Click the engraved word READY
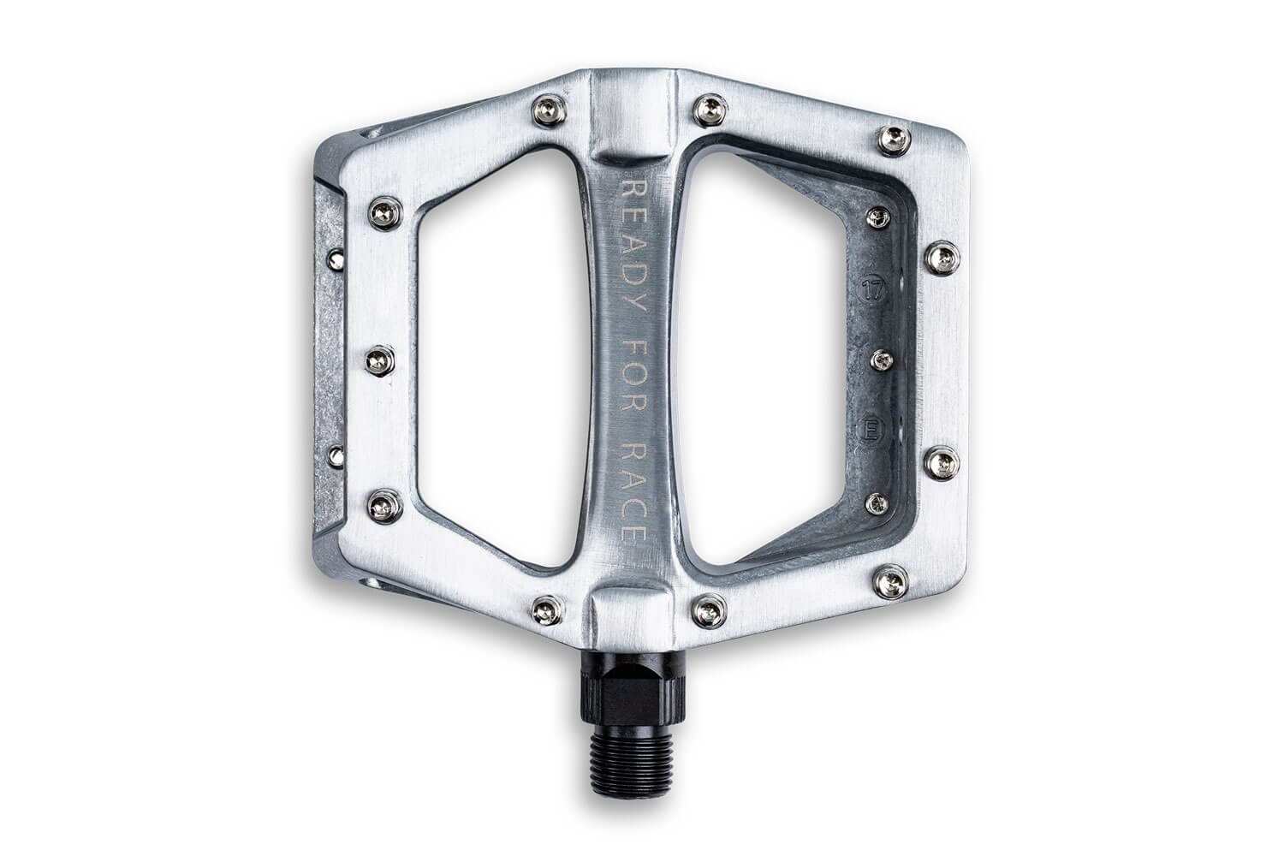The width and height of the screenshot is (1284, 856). tap(634, 246)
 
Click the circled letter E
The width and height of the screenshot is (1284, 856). tap(871, 431)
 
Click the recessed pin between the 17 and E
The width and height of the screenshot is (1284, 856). tap(882, 360)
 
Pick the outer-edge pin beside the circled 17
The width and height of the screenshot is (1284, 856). tap(942, 258)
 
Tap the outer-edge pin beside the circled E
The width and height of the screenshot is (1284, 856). tap(942, 463)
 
